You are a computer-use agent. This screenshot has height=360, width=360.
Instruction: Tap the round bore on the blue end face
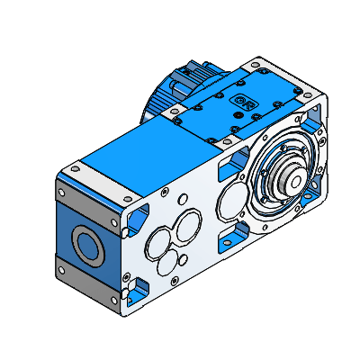coord(88,243)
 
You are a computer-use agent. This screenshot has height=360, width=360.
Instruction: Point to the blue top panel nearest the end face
coord(135,153)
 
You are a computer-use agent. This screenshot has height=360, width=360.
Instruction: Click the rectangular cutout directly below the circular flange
coord(233,236)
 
